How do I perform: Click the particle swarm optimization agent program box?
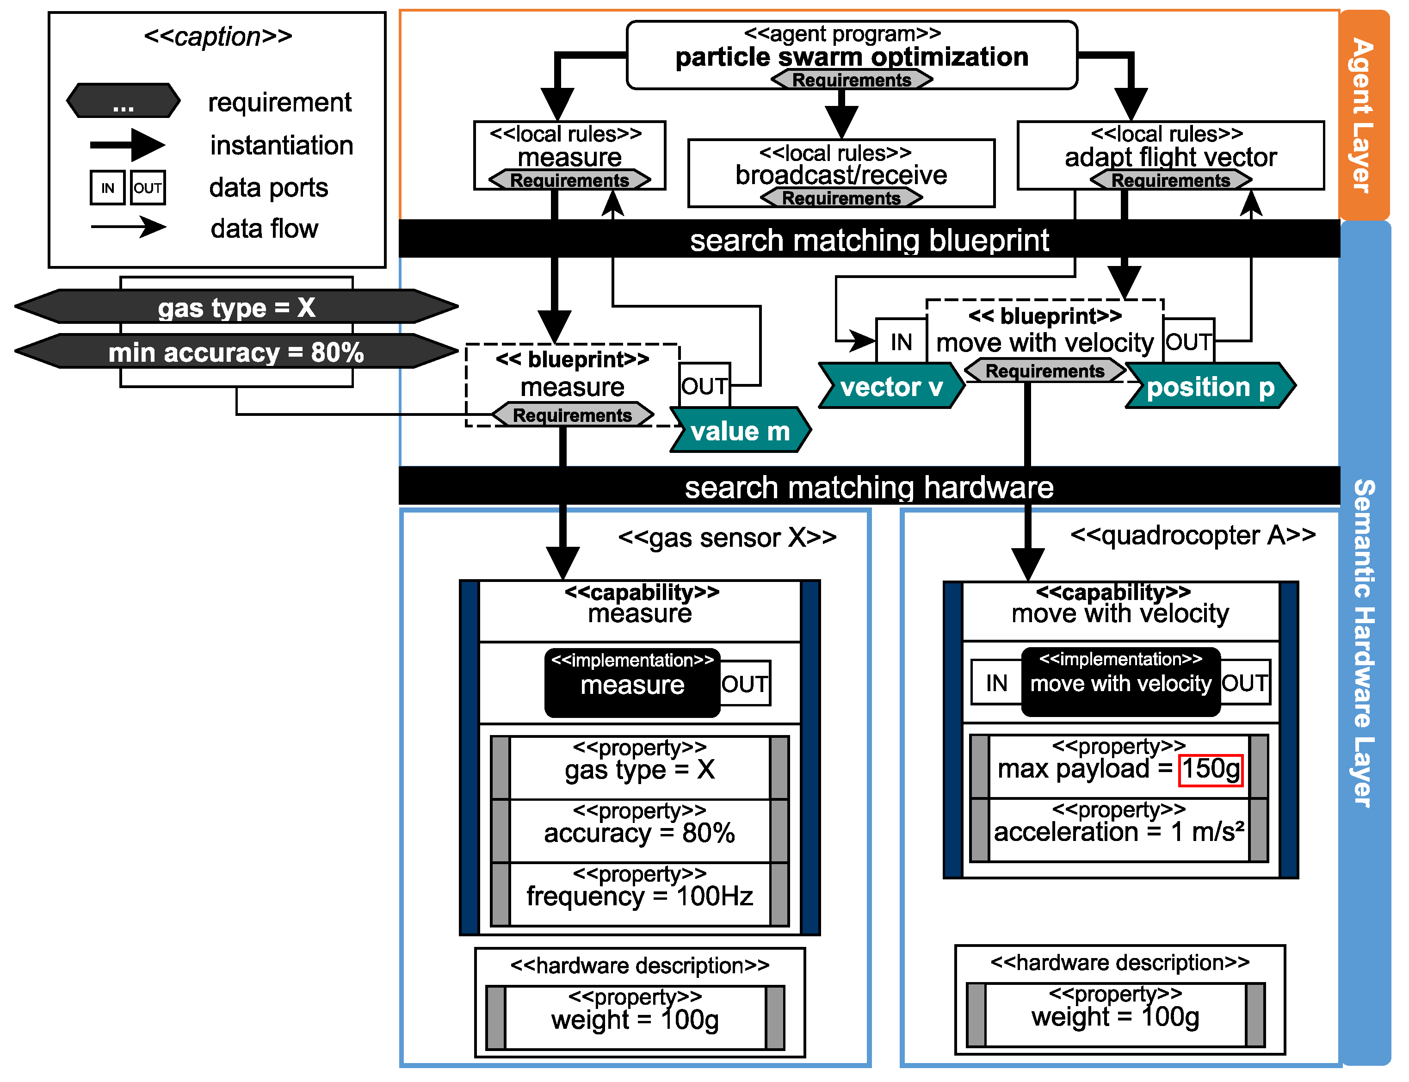(x=851, y=55)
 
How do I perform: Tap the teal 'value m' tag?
(x=739, y=430)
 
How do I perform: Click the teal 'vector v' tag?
(x=890, y=386)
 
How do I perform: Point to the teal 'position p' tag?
(x=1209, y=386)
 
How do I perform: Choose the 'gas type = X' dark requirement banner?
(x=236, y=307)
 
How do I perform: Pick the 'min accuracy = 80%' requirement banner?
(x=236, y=352)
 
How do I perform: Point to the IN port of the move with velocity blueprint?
(x=901, y=341)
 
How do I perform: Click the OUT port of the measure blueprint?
(x=704, y=385)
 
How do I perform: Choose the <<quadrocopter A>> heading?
(x=1192, y=535)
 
